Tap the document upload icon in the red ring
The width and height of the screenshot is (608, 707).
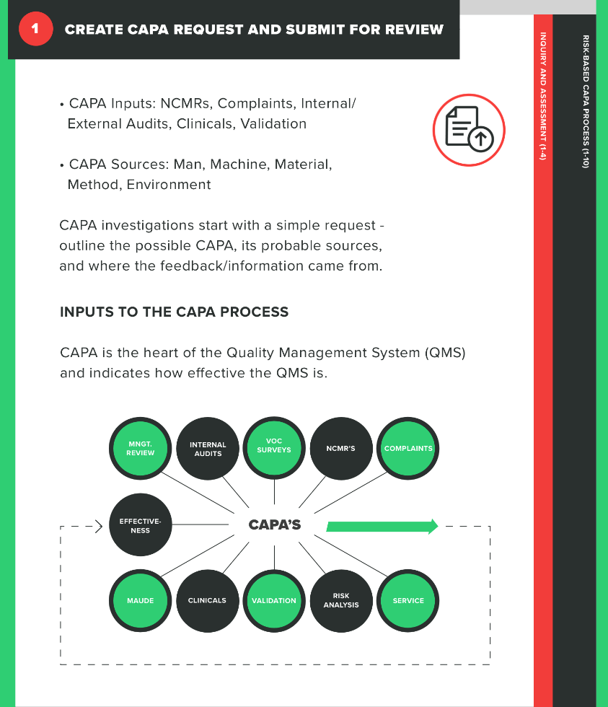(x=469, y=131)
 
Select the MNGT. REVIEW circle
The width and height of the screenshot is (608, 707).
(x=141, y=449)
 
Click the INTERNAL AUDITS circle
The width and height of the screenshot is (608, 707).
(x=208, y=449)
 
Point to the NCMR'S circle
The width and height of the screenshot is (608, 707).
(x=341, y=449)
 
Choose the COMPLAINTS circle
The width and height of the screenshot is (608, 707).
(x=408, y=449)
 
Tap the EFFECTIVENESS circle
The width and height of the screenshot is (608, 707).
(x=141, y=525)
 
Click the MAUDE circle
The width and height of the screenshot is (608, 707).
(x=141, y=600)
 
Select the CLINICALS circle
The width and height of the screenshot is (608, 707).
(x=208, y=600)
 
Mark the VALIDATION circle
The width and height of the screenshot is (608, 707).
(x=274, y=600)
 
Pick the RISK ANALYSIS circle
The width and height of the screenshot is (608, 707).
(x=341, y=600)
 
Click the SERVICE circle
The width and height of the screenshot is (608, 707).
(x=408, y=600)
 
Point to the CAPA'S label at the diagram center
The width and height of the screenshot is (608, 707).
(x=275, y=525)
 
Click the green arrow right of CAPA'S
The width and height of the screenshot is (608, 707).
(x=382, y=526)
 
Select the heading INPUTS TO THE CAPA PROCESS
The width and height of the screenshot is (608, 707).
(x=174, y=312)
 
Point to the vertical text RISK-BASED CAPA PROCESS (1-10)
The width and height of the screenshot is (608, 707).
(x=586, y=101)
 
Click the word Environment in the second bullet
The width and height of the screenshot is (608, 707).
(x=169, y=185)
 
